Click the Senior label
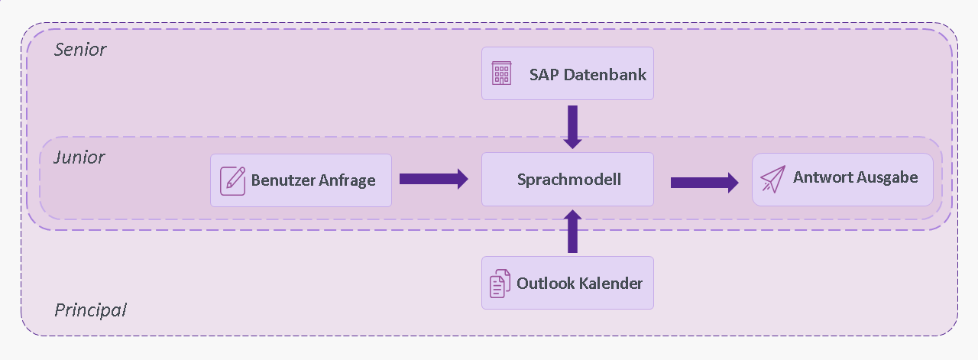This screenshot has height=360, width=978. tap(80, 50)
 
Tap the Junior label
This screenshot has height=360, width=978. tap(79, 157)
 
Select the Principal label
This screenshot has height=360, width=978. tap(90, 310)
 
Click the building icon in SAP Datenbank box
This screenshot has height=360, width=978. tap(502, 73)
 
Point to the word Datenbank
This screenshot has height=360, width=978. tap(604, 75)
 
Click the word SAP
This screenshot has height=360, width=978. tap(544, 75)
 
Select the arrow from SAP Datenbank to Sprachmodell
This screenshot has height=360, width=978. tap(572, 127)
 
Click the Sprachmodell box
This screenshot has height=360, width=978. tap(568, 179)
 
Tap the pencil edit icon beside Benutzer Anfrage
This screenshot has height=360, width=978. tap(233, 180)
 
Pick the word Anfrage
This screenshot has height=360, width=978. tap(347, 180)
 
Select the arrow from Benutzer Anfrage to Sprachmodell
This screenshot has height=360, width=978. tap(433, 179)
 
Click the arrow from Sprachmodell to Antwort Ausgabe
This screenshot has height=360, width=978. tap(704, 183)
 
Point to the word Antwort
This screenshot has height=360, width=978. tap(822, 177)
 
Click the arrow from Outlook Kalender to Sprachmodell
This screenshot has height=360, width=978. tap(572, 231)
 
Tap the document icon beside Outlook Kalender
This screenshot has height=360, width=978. tap(500, 284)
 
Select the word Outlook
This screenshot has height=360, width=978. tap(546, 284)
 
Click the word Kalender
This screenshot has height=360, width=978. tap(611, 284)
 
